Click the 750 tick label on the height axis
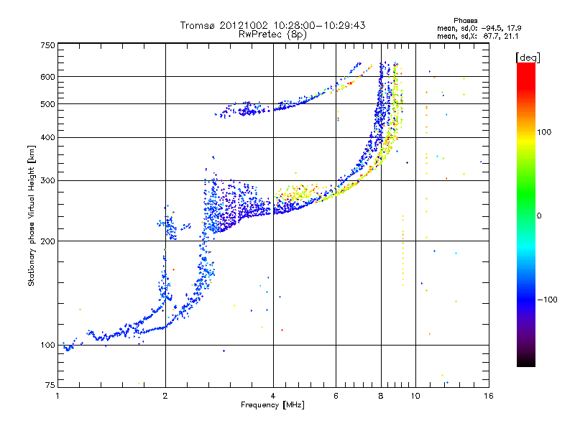[48, 45]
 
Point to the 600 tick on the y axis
[48, 76]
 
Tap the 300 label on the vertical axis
[48, 180]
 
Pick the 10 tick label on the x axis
[415, 396]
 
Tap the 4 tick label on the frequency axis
[273, 396]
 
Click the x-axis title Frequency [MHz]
[272, 405]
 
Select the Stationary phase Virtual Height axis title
[32, 215]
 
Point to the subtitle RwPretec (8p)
[272, 34]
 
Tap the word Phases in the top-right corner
[466, 20]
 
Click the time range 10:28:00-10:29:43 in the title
[317, 25]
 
